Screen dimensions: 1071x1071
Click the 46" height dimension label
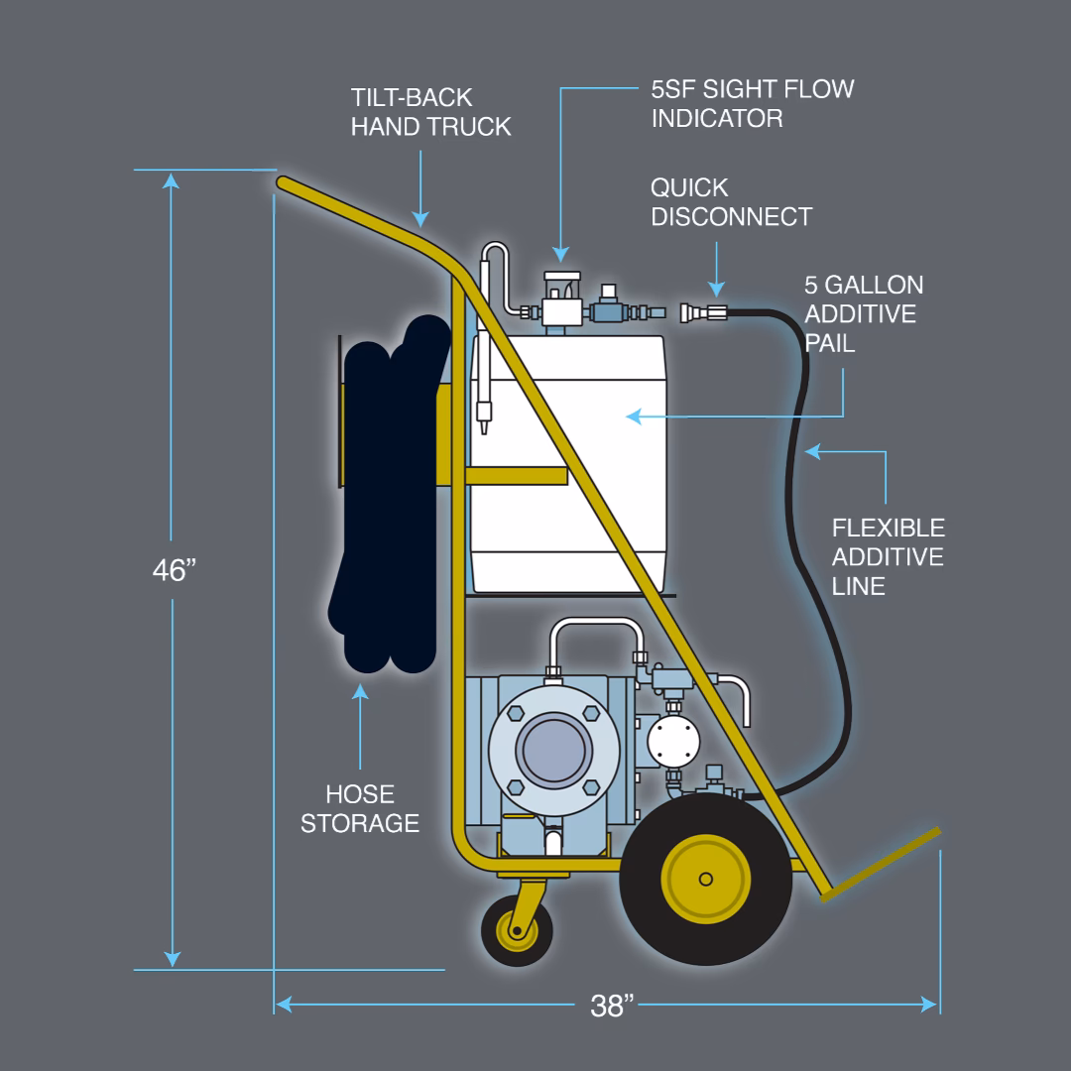point(174,570)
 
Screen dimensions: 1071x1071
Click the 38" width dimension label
point(612,1006)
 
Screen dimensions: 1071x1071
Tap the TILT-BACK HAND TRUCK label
point(430,112)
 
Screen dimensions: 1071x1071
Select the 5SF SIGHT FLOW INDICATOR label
point(752,103)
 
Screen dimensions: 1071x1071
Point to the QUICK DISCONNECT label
point(731,202)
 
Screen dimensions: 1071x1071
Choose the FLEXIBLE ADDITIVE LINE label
point(888,556)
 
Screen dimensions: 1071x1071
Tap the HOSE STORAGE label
point(360,808)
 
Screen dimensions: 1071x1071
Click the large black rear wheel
point(705,879)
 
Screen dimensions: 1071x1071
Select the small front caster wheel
point(517,931)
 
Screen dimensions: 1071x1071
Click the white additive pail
point(566,466)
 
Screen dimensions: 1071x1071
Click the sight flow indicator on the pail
point(560,295)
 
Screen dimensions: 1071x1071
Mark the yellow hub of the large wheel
point(705,879)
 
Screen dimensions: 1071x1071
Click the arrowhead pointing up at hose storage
point(360,692)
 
